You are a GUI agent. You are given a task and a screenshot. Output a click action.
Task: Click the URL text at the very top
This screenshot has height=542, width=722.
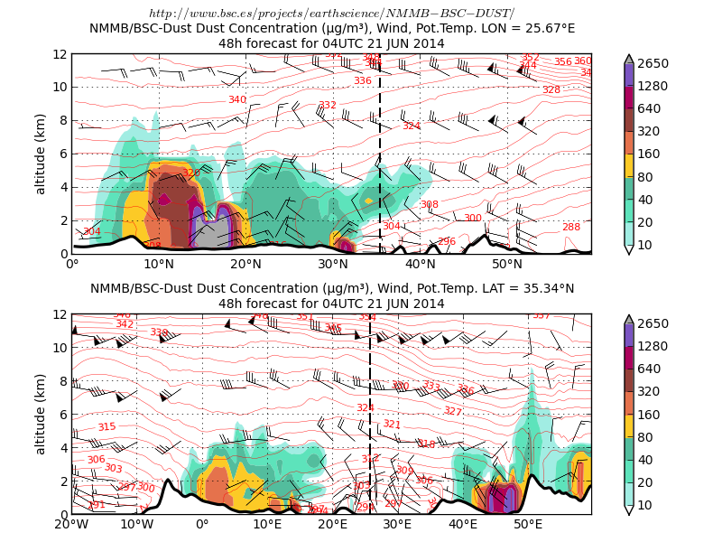(x=331, y=13)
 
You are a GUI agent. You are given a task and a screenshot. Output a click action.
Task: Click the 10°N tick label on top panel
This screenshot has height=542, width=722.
(x=159, y=264)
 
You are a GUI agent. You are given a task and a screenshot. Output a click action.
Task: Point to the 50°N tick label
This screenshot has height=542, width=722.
(x=507, y=264)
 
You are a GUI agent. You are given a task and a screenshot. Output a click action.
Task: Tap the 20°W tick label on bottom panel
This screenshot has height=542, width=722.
(x=71, y=525)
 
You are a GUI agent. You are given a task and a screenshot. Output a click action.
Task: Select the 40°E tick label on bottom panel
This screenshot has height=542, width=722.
(x=463, y=525)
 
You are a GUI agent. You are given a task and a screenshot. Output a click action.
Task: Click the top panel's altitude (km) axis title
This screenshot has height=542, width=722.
(x=41, y=154)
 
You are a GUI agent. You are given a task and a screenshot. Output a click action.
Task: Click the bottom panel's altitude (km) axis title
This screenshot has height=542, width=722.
(x=41, y=414)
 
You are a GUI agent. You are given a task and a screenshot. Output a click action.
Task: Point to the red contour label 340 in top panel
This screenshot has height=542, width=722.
(x=236, y=100)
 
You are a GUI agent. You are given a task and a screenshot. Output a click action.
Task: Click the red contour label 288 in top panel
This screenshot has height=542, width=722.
(x=571, y=227)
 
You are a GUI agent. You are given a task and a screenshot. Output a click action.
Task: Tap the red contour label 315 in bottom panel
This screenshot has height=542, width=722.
(x=106, y=427)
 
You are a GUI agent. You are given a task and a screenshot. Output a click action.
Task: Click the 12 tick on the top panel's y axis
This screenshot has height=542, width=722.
(x=60, y=54)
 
